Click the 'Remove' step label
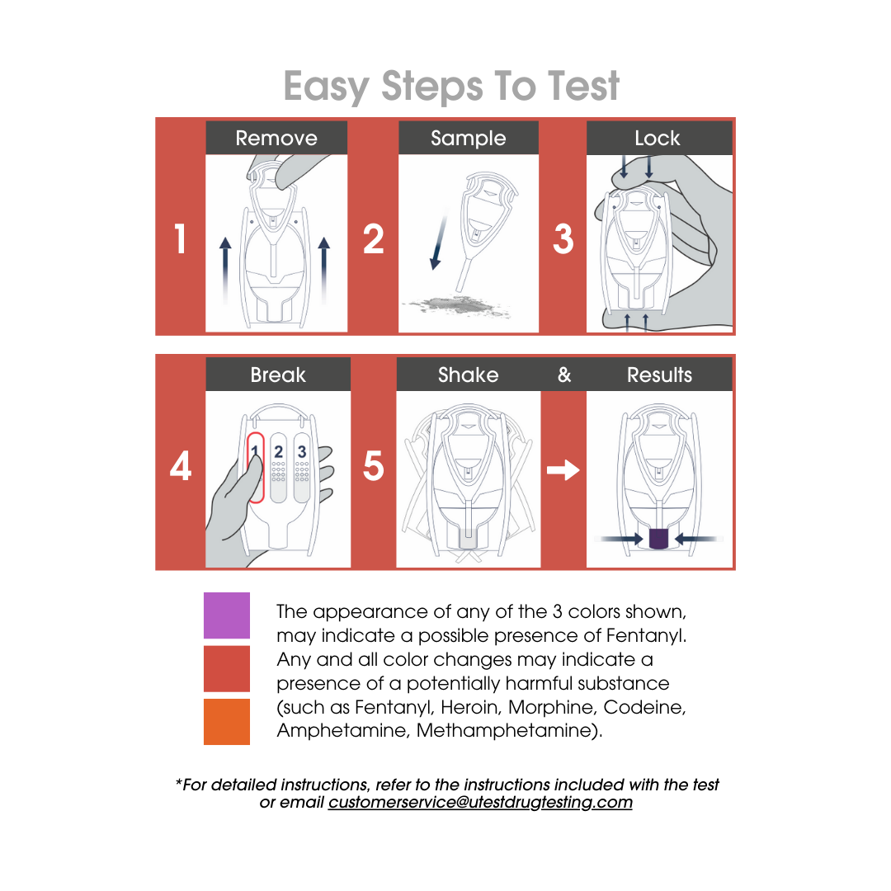point(276,138)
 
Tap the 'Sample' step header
point(469,139)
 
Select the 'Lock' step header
point(658,138)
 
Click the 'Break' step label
point(278,375)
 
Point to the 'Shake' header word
point(469,375)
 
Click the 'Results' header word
point(659,375)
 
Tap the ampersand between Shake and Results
point(564,375)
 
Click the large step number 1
point(180,238)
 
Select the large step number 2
point(374,238)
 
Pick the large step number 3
point(563,238)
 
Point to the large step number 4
point(180,466)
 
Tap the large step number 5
point(374,466)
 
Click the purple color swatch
point(227,615)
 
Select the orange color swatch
point(227,722)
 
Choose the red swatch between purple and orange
point(227,669)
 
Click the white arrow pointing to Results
point(563,470)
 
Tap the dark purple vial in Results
point(658,538)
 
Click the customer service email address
point(480,802)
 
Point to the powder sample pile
point(457,306)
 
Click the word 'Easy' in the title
point(326,87)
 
